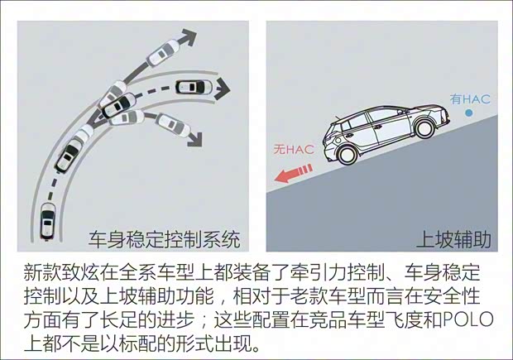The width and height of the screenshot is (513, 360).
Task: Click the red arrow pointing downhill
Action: click(x=293, y=174)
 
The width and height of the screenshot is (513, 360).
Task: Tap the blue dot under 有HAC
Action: click(x=469, y=113)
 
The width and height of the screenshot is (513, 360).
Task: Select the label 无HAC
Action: click(x=294, y=150)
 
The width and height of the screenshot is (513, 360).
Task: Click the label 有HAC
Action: click(x=470, y=98)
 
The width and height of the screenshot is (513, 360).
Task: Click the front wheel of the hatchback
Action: click(x=424, y=127)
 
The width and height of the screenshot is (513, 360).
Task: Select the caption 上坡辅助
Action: click(x=453, y=239)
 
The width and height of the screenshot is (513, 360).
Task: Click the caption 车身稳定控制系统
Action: click(x=165, y=239)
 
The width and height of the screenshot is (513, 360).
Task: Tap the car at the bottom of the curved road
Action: click(x=48, y=222)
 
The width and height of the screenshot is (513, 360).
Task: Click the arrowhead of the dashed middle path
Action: click(x=222, y=89)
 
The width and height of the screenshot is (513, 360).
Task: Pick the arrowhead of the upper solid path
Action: click(x=188, y=36)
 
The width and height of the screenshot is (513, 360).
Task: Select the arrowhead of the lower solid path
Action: click(x=195, y=139)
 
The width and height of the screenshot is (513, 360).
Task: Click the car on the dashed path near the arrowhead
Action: click(x=194, y=87)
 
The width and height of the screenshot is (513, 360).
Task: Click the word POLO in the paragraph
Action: click(x=467, y=319)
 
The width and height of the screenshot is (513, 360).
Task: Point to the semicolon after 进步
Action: click(x=204, y=321)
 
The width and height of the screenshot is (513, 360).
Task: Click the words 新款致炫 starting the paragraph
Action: click(x=61, y=272)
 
